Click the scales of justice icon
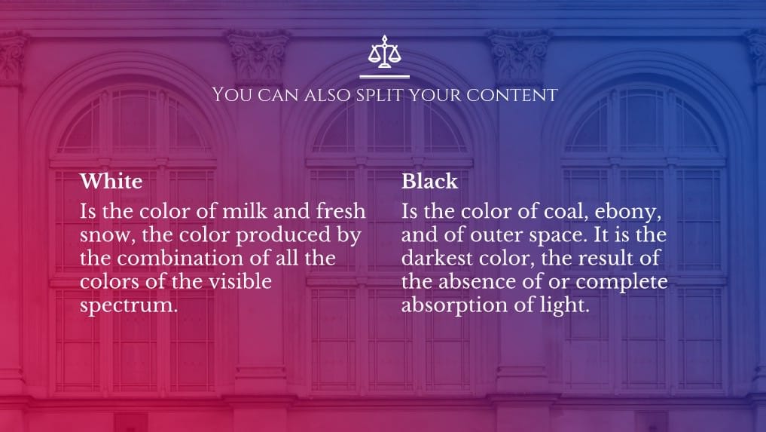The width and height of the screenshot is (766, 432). (x=384, y=51)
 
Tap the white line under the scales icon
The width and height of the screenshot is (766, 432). (x=384, y=76)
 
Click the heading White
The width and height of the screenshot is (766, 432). (x=111, y=182)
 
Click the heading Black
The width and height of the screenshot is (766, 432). (x=430, y=182)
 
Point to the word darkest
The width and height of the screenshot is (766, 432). (x=437, y=258)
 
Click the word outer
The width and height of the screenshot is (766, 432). (x=494, y=235)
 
